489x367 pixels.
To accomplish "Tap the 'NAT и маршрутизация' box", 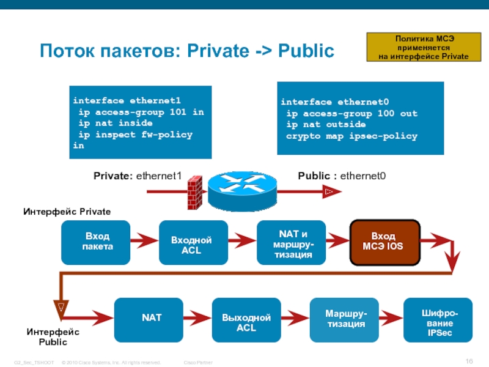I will pos(290,242).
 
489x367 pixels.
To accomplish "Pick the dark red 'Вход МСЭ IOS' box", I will pos(384,242).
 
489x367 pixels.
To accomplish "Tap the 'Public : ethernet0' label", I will pos(342,176).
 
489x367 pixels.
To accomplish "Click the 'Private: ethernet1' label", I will pos(138,176).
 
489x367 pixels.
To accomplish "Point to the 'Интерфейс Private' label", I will pos(67,212).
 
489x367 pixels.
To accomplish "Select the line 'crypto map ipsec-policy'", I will pos(351,136).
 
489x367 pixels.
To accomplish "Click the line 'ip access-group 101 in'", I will pos(141,113).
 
